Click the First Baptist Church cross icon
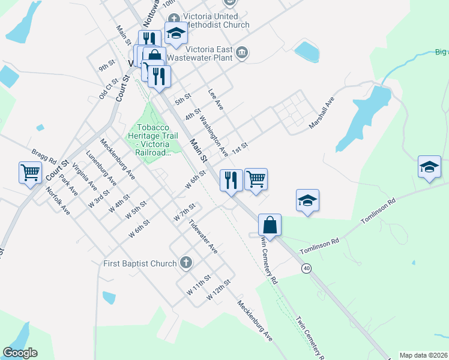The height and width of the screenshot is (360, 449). point(187,263)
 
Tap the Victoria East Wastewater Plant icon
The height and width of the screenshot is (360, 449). point(243,52)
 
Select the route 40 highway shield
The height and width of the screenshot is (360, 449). point(307,268)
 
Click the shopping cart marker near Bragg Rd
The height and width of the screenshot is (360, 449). point(30,173)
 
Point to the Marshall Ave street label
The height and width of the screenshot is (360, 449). point(321,113)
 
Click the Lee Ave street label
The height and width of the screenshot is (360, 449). point(215,100)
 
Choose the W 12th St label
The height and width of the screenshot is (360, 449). point(218,290)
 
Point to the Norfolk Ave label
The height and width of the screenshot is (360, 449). point(58,201)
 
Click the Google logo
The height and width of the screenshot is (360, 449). point(20,353)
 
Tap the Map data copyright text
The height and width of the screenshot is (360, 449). point(424,355)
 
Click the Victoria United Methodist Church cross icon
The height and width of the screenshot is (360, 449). point(174,17)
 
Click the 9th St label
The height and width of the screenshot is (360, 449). point(107,64)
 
